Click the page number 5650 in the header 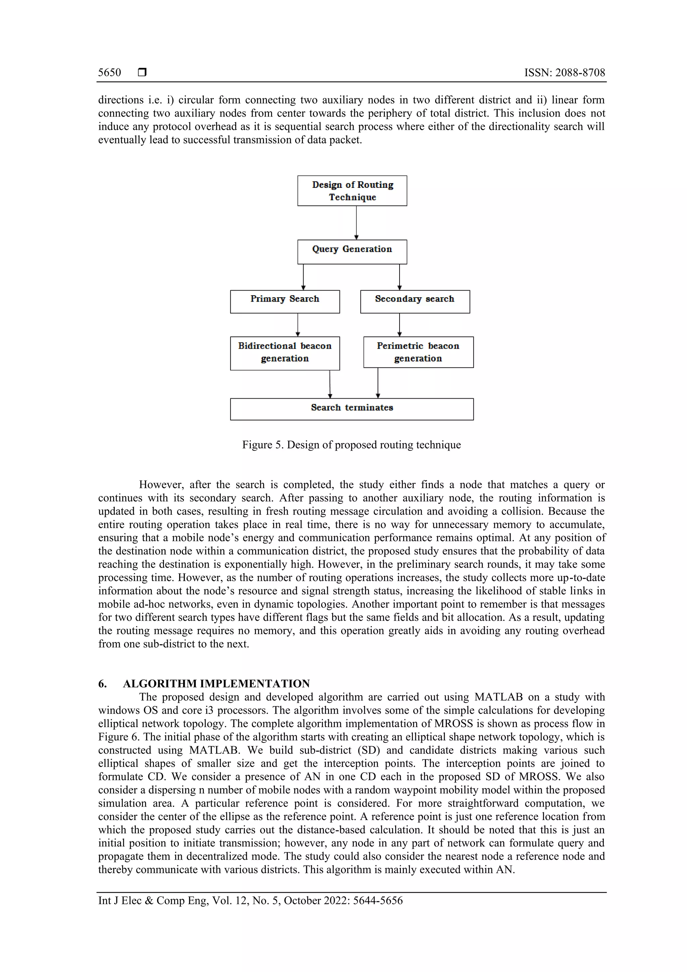(109, 72)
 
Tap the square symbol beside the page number (142, 72)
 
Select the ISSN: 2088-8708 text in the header (564, 72)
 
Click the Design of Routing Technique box (352, 191)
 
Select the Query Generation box (352, 252)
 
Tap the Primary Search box (285, 301)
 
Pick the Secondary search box (415, 301)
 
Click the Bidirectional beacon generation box (285, 353)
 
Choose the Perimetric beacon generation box (418, 352)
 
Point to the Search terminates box (352, 409)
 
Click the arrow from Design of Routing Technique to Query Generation (356, 223)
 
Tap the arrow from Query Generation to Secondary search (400, 277)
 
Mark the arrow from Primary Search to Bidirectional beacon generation (298, 325)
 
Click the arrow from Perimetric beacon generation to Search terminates (378, 383)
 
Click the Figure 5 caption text (351, 445)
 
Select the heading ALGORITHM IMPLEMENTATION (216, 684)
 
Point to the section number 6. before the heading (102, 684)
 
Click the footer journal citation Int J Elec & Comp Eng (250, 901)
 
